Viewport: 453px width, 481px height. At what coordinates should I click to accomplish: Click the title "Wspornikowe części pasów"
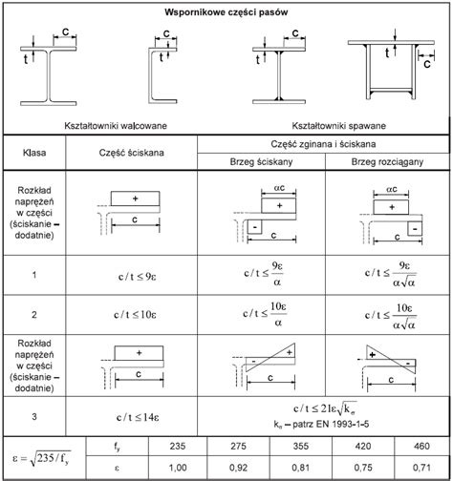pos(226,12)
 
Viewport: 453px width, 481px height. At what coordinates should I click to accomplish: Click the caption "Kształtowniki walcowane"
pos(116,126)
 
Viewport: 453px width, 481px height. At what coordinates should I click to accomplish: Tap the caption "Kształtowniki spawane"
pos(339,126)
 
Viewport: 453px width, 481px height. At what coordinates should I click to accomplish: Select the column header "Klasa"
pos(34,153)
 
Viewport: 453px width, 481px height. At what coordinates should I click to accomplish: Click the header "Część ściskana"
pos(132,153)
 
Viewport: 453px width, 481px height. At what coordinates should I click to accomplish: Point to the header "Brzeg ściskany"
pos(261,162)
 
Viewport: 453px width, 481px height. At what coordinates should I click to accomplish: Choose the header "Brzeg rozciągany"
pos(387,162)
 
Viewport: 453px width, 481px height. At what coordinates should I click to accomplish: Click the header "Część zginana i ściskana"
pos(323,144)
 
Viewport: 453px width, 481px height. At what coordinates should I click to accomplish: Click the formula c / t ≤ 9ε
pos(138,277)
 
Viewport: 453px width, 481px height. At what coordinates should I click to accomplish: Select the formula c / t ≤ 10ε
pos(135,315)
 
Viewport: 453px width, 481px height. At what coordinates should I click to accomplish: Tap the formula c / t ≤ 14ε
pos(138,417)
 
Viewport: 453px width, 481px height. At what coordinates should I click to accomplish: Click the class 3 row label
pos(34,416)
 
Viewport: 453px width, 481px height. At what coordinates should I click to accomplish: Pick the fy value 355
pos(301,446)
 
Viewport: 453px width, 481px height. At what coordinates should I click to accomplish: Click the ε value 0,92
pos(238,468)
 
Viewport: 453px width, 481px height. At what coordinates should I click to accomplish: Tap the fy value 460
pos(421,446)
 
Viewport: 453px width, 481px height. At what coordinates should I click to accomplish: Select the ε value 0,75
pos(363,468)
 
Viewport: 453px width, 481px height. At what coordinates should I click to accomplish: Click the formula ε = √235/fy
pos(42,458)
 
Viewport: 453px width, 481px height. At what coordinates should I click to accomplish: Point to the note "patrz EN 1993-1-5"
pos(331,424)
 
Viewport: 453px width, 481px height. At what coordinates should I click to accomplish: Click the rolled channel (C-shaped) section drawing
pos(162,72)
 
